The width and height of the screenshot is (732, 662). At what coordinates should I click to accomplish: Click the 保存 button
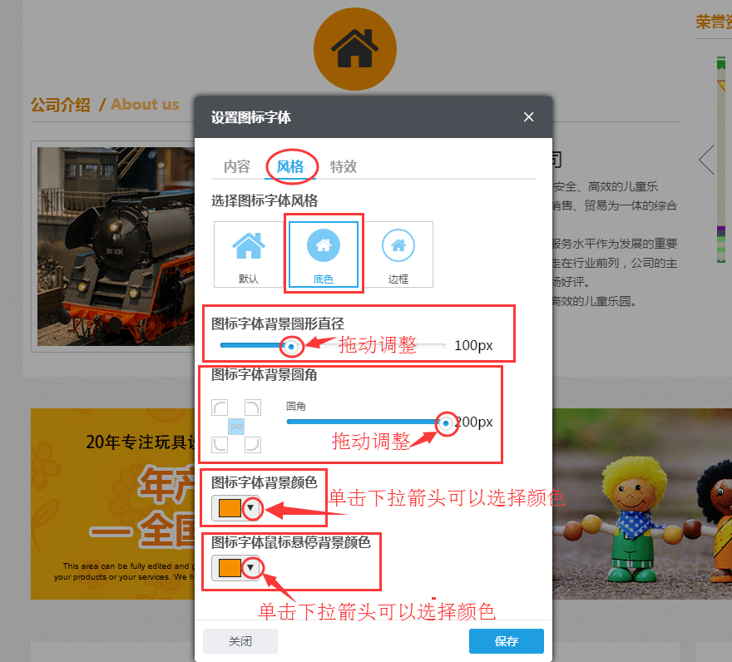pos(506,641)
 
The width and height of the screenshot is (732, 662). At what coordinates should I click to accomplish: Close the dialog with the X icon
pos(528,117)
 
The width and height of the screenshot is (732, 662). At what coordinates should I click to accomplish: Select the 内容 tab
pos(237,166)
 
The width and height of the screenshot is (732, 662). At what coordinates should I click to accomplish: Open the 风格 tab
pos(290,166)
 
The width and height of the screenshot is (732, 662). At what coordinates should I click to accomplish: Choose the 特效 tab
pos(344,166)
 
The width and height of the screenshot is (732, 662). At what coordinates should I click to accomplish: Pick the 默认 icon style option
pos(248,254)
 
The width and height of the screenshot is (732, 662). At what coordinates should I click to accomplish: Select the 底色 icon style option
pos(323,254)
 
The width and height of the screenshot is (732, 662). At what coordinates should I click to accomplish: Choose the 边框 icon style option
pos(398,254)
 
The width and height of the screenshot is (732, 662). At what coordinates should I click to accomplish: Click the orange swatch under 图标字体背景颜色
pos(230,507)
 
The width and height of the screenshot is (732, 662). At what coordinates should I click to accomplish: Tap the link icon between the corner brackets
pos(236,426)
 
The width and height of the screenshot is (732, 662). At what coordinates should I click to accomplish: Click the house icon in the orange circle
pos(355,48)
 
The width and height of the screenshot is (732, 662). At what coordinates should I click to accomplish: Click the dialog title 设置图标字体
pos(251,117)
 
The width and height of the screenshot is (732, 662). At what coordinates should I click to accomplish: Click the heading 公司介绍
pos(60,105)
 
